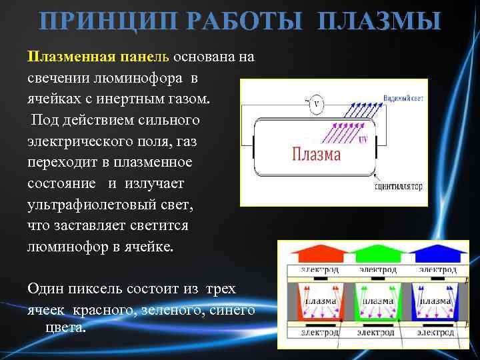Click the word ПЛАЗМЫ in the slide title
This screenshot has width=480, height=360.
pyautogui.click(x=381, y=21)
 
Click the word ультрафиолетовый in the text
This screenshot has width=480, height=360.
pyautogui.click(x=89, y=204)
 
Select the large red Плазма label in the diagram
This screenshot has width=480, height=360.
pyautogui.click(x=316, y=155)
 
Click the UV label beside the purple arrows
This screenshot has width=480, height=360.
pyautogui.click(x=363, y=141)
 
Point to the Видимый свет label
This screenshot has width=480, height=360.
pyautogui.click(x=403, y=98)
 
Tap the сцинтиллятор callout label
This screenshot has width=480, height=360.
pyautogui.click(x=399, y=187)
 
